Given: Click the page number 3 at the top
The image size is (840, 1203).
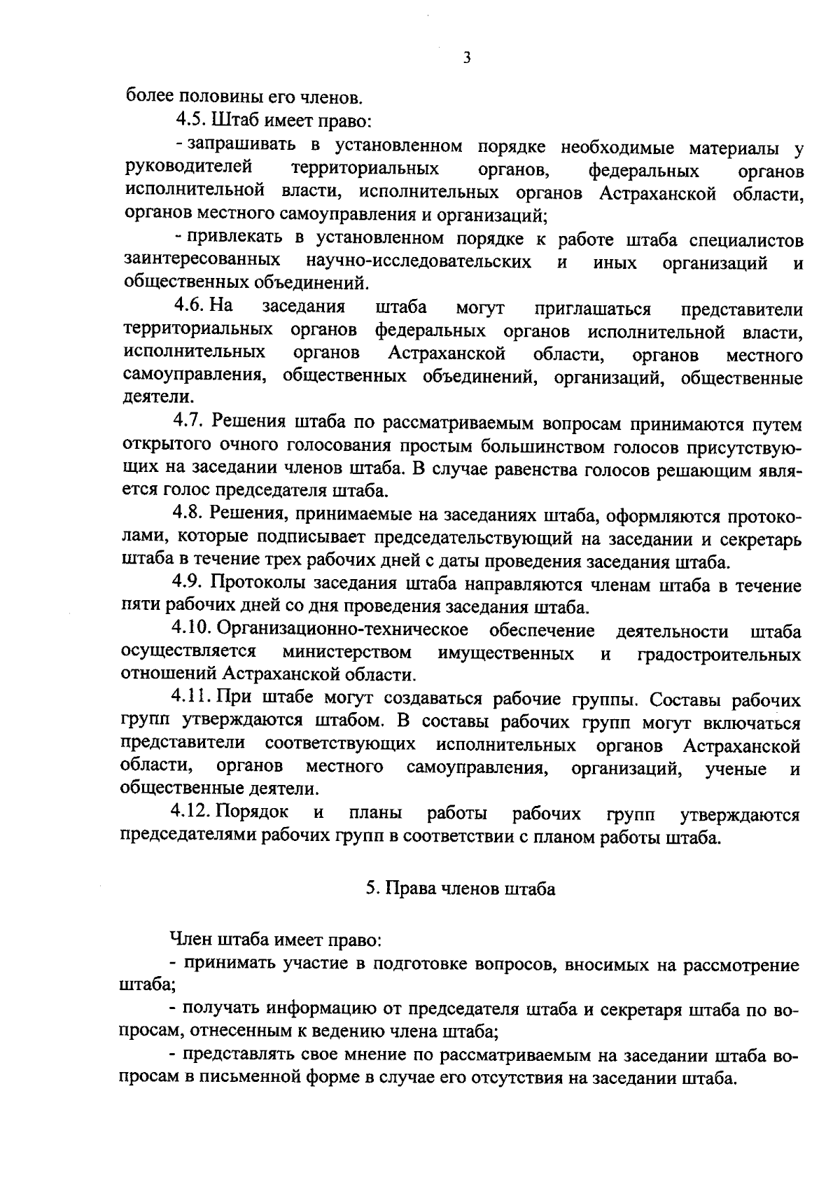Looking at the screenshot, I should point(467,59).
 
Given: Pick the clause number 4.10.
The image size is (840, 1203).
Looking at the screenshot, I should point(192,630).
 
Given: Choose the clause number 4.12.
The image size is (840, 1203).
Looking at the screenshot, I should point(190,813).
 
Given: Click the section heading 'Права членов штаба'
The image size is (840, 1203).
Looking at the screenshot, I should point(460,888).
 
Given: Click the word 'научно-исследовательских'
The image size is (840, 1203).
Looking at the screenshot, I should point(418,262).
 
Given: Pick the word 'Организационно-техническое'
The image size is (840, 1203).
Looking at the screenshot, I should point(343,630).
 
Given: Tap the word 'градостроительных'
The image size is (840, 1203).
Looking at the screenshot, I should point(719,654).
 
